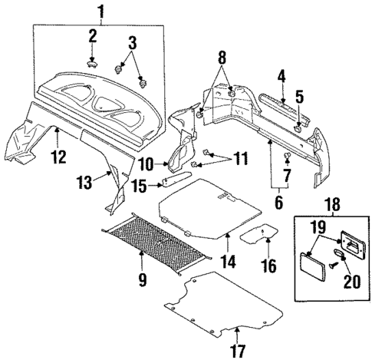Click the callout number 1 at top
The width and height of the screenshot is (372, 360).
pyautogui.click(x=99, y=11)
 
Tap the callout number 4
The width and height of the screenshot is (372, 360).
pyautogui.click(x=282, y=75)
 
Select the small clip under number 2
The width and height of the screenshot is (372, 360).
pyautogui.click(x=92, y=65)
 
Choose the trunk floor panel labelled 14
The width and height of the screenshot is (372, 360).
pyautogui.click(x=207, y=203)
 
